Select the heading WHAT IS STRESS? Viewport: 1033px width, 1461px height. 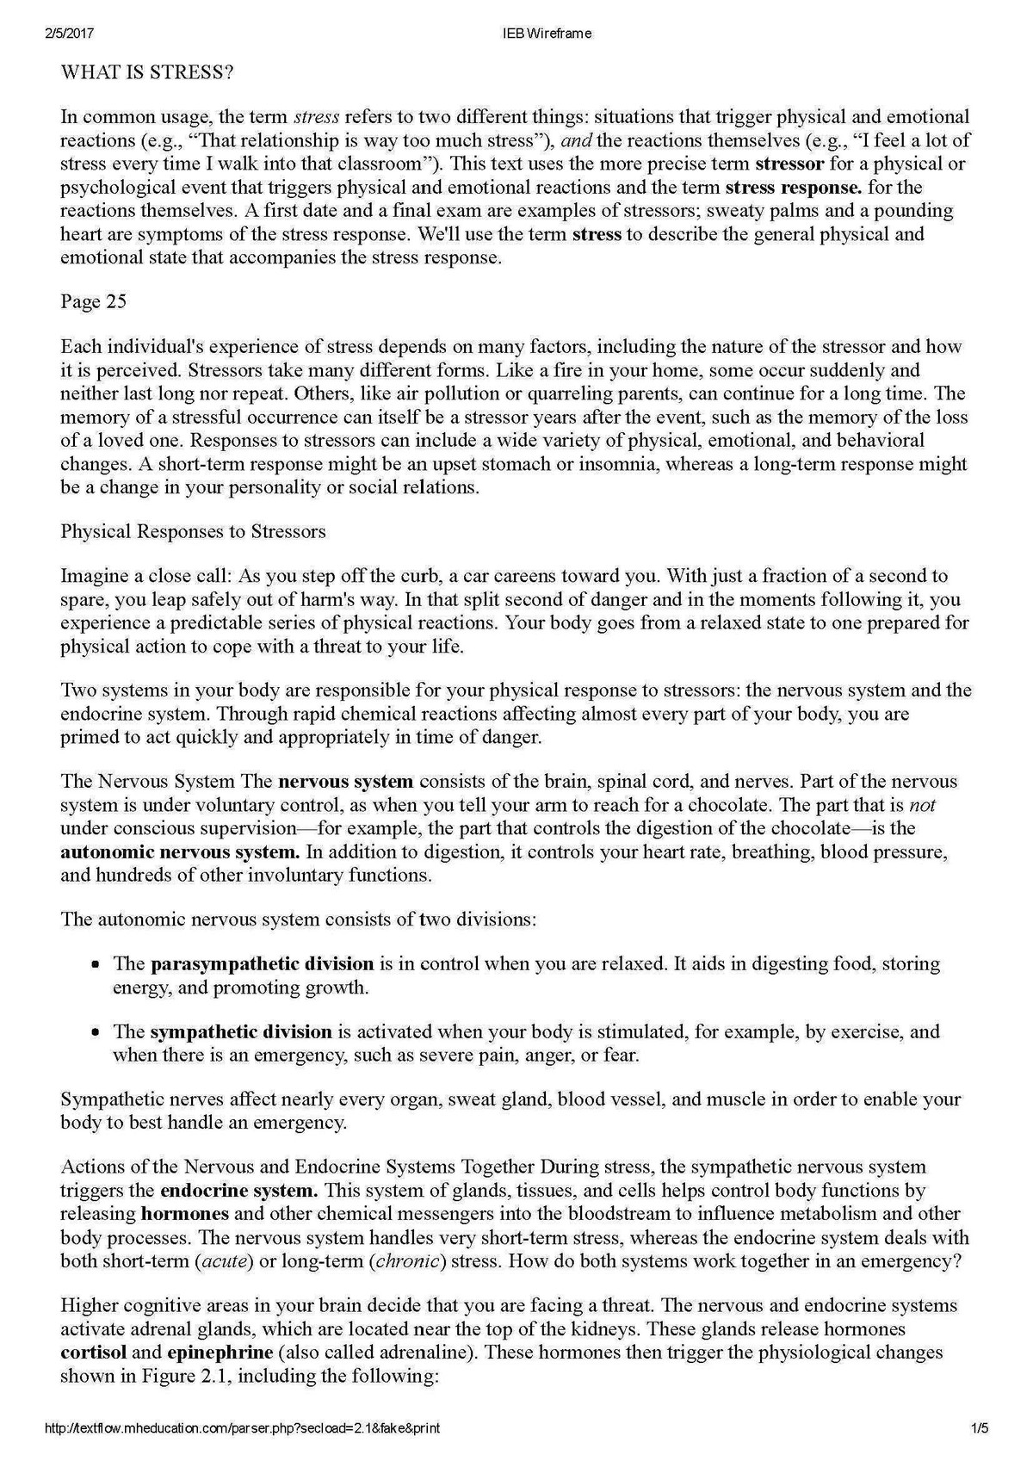click(x=147, y=73)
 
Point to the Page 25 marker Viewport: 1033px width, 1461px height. click(x=93, y=301)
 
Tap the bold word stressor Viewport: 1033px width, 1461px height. click(x=789, y=164)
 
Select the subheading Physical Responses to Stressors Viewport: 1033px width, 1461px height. click(x=193, y=531)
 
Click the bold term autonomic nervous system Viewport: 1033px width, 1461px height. click(x=180, y=852)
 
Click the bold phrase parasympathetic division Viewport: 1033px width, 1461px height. click(x=262, y=963)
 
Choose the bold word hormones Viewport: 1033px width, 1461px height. click(x=185, y=1214)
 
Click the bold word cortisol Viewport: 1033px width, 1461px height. click(x=93, y=1353)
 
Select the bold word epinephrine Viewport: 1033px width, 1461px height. click(x=220, y=1353)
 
